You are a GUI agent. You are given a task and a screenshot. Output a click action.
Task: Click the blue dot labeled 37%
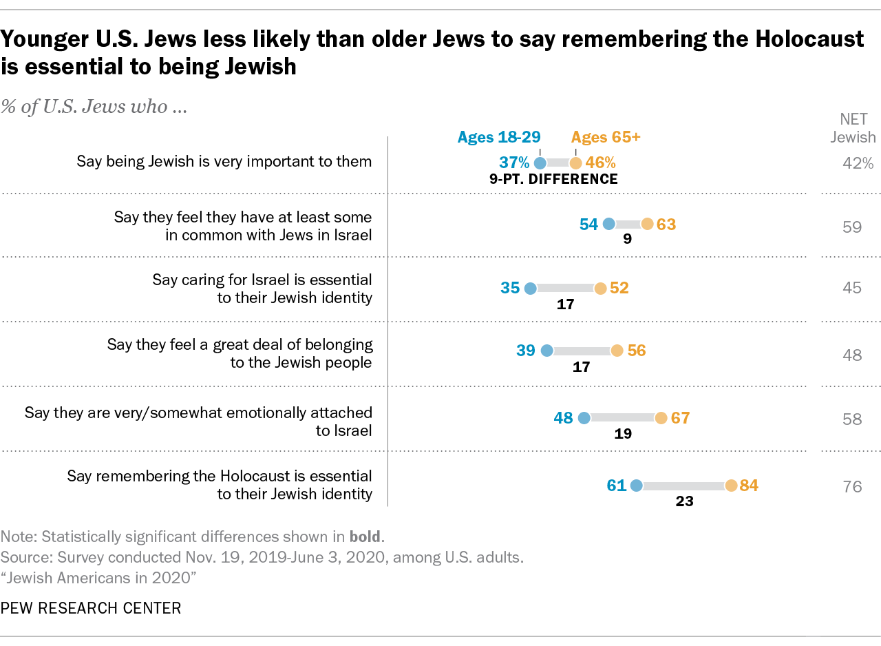[540, 163]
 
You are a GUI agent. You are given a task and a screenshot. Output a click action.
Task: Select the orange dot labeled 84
[731, 486]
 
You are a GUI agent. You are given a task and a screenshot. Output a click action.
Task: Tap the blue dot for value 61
[636, 486]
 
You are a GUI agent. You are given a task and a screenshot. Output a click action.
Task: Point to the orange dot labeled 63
[647, 224]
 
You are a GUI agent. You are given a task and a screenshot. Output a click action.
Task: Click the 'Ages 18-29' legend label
[499, 137]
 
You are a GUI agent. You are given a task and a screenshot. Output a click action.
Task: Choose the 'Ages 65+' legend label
[606, 137]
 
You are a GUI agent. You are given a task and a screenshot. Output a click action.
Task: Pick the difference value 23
[684, 502]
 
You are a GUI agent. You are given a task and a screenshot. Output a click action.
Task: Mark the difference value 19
[623, 435]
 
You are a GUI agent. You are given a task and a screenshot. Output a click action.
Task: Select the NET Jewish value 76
[852, 487]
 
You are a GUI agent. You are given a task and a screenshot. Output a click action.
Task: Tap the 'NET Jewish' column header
[852, 127]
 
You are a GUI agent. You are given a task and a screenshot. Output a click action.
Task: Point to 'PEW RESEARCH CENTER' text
[91, 608]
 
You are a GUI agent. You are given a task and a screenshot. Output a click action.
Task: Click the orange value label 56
[637, 351]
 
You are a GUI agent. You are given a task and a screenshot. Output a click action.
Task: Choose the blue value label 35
[510, 288]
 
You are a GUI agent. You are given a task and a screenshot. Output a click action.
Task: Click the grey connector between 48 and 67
[622, 417]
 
